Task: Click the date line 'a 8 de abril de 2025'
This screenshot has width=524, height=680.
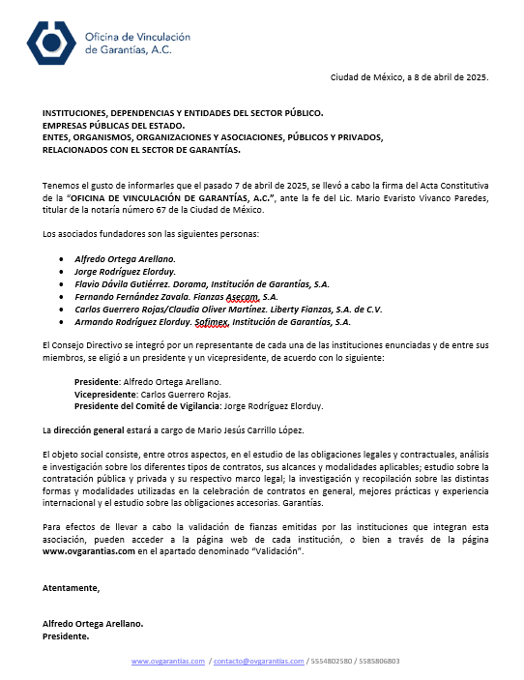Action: [436, 76]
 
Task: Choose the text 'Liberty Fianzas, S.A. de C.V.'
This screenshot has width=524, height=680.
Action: [328, 310]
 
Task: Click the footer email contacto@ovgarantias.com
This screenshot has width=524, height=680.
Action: [259, 662]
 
